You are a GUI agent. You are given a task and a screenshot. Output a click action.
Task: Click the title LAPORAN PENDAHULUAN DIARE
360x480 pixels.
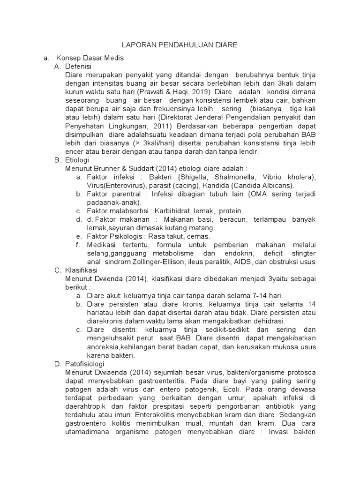(x=180, y=45)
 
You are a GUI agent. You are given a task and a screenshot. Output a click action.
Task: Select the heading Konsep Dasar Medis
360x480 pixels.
(x=90, y=58)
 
